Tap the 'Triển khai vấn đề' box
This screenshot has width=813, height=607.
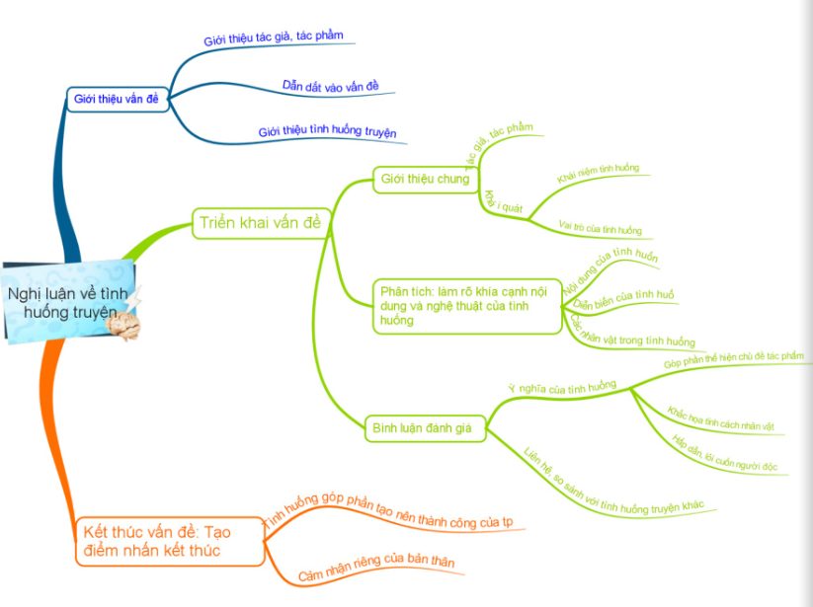pyautogui.click(x=259, y=222)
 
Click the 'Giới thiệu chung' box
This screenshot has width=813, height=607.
pyautogui.click(x=426, y=179)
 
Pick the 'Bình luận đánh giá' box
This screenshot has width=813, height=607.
pyautogui.click(x=422, y=428)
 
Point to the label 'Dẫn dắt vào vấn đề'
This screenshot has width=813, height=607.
pyautogui.click(x=330, y=87)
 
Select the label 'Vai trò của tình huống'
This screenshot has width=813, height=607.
pyautogui.click(x=600, y=228)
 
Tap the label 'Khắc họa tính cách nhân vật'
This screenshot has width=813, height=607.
pyautogui.click(x=719, y=418)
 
